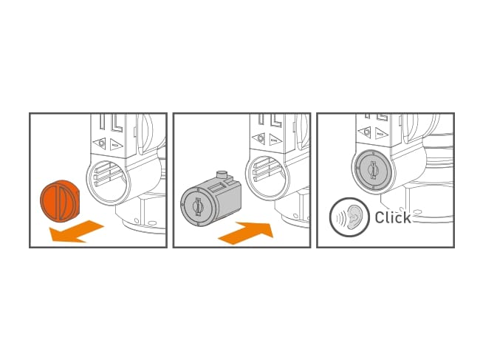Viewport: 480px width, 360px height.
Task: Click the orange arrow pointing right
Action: (x=247, y=232)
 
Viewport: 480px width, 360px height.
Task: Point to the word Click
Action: (x=392, y=218)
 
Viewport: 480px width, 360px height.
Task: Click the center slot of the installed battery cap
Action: (x=374, y=170)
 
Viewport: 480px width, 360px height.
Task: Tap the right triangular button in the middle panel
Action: (x=275, y=138)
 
